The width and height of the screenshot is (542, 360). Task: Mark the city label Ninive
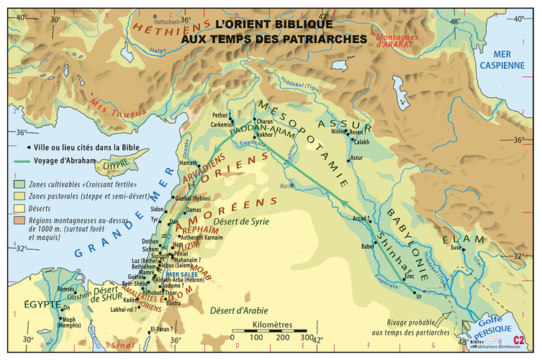click(x=337, y=132)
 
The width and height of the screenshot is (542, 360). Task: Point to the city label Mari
click(x=286, y=185)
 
